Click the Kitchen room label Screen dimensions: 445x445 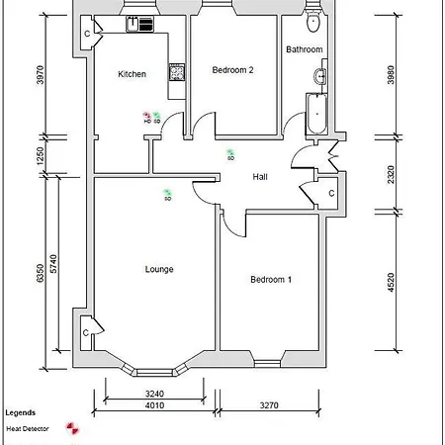coord(132,74)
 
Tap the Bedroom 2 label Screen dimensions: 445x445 coord(233,70)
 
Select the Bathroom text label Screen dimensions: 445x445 coord(304,49)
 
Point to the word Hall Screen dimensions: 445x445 coord(260,176)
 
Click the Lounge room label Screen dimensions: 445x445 coord(159,268)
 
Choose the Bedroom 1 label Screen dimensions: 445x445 coord(270,280)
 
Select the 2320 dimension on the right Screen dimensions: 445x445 coord(392,175)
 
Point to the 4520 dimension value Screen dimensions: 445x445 coord(392,283)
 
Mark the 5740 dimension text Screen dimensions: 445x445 coord(56,264)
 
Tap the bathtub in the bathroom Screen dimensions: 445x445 coord(317,113)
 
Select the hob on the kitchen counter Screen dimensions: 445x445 coord(177,71)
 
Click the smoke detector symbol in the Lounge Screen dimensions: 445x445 coord(167,193)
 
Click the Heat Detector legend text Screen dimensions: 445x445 coord(28,429)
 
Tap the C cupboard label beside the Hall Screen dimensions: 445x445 coord(329,191)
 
